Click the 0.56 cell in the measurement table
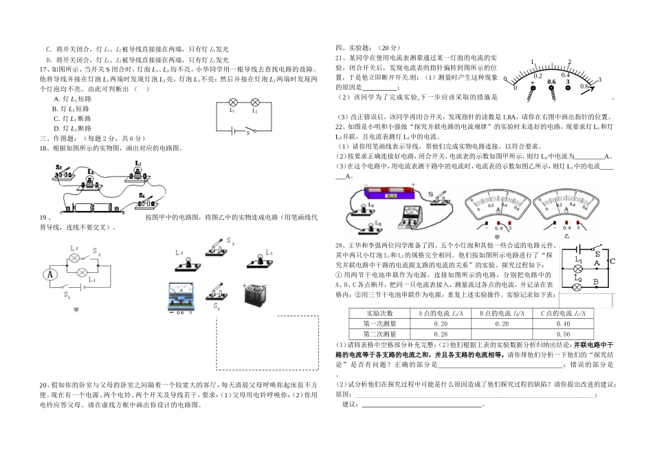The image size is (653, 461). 564,333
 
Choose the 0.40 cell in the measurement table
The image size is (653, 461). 564,324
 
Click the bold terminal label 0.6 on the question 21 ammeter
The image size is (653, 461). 551,82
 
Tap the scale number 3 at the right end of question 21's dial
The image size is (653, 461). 599,80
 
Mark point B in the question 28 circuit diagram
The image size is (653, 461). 595,282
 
